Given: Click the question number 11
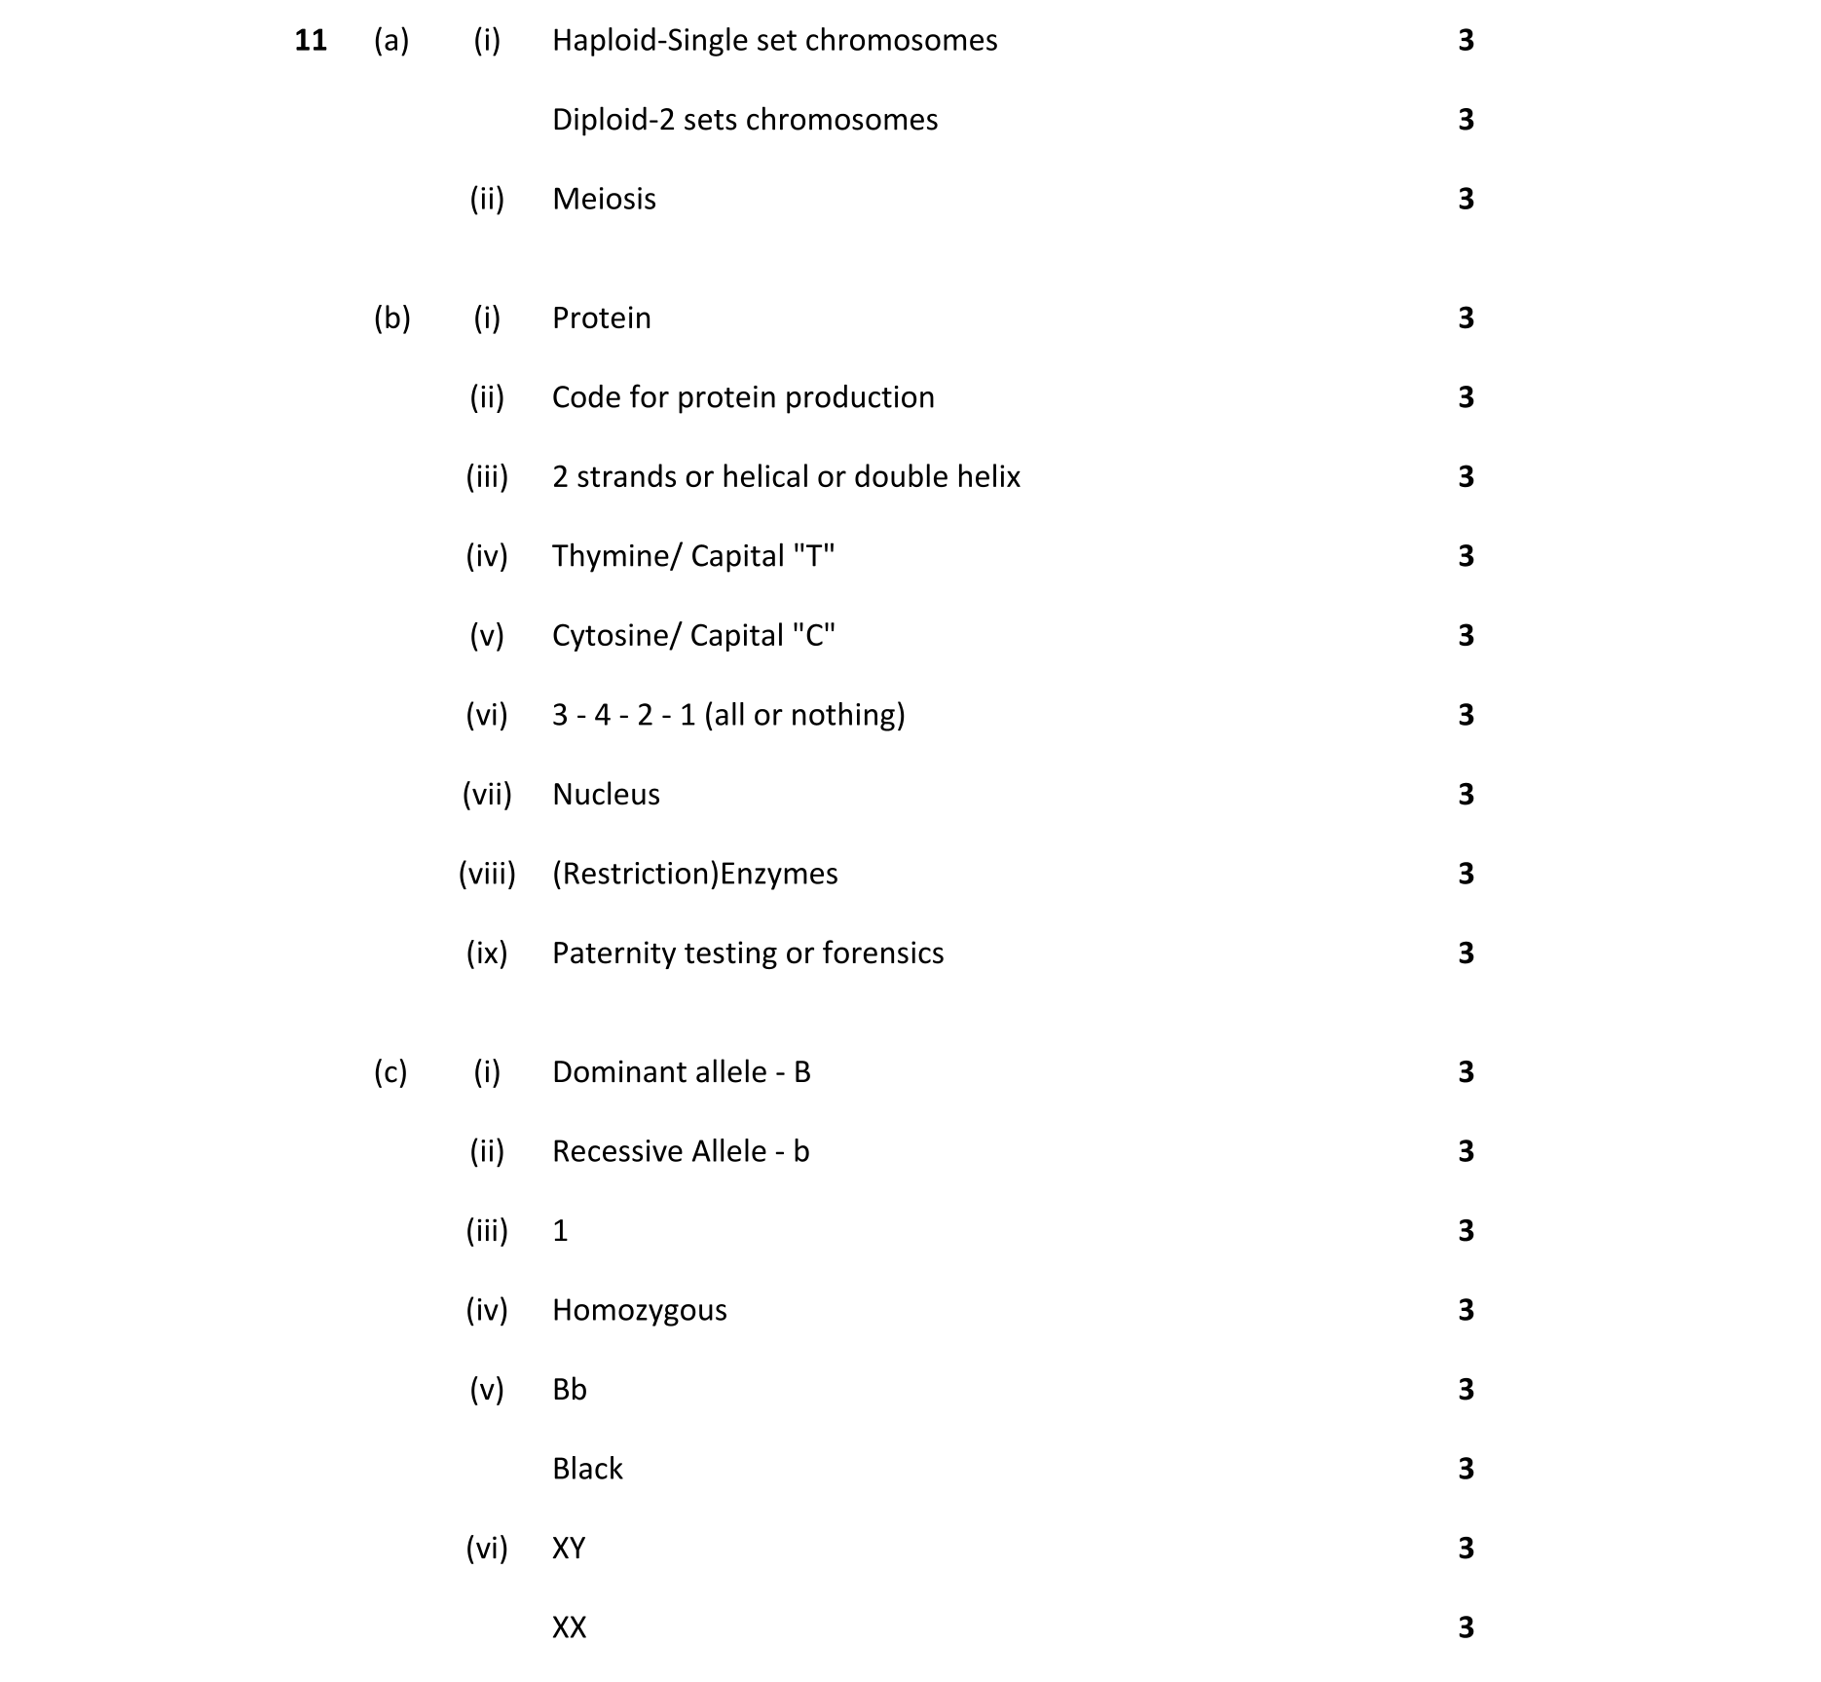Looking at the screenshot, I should [311, 41].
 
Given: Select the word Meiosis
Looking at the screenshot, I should [604, 200].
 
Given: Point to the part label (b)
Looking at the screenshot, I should [391, 318].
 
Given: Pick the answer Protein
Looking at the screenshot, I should [601, 318].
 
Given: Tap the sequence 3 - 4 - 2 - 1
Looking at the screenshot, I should [623, 716].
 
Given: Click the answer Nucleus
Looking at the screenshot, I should [606, 795].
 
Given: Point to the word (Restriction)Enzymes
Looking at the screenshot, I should [694, 875].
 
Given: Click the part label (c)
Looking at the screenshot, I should [390, 1072].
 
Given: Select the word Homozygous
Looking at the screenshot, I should [639, 1311].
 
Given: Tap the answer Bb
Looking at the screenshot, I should [570, 1390].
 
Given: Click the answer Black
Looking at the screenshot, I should [587, 1470].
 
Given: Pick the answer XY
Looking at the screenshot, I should [569, 1549].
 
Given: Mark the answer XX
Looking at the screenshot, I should [569, 1628].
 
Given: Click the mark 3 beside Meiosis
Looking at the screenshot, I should [1466, 200].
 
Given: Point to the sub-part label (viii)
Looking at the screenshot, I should [487, 875].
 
